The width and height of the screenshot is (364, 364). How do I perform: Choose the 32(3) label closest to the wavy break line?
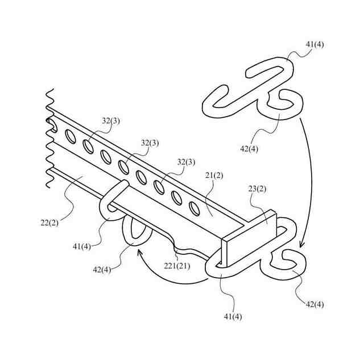(110, 121)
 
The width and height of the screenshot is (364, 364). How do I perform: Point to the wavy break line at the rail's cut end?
(47, 136)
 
